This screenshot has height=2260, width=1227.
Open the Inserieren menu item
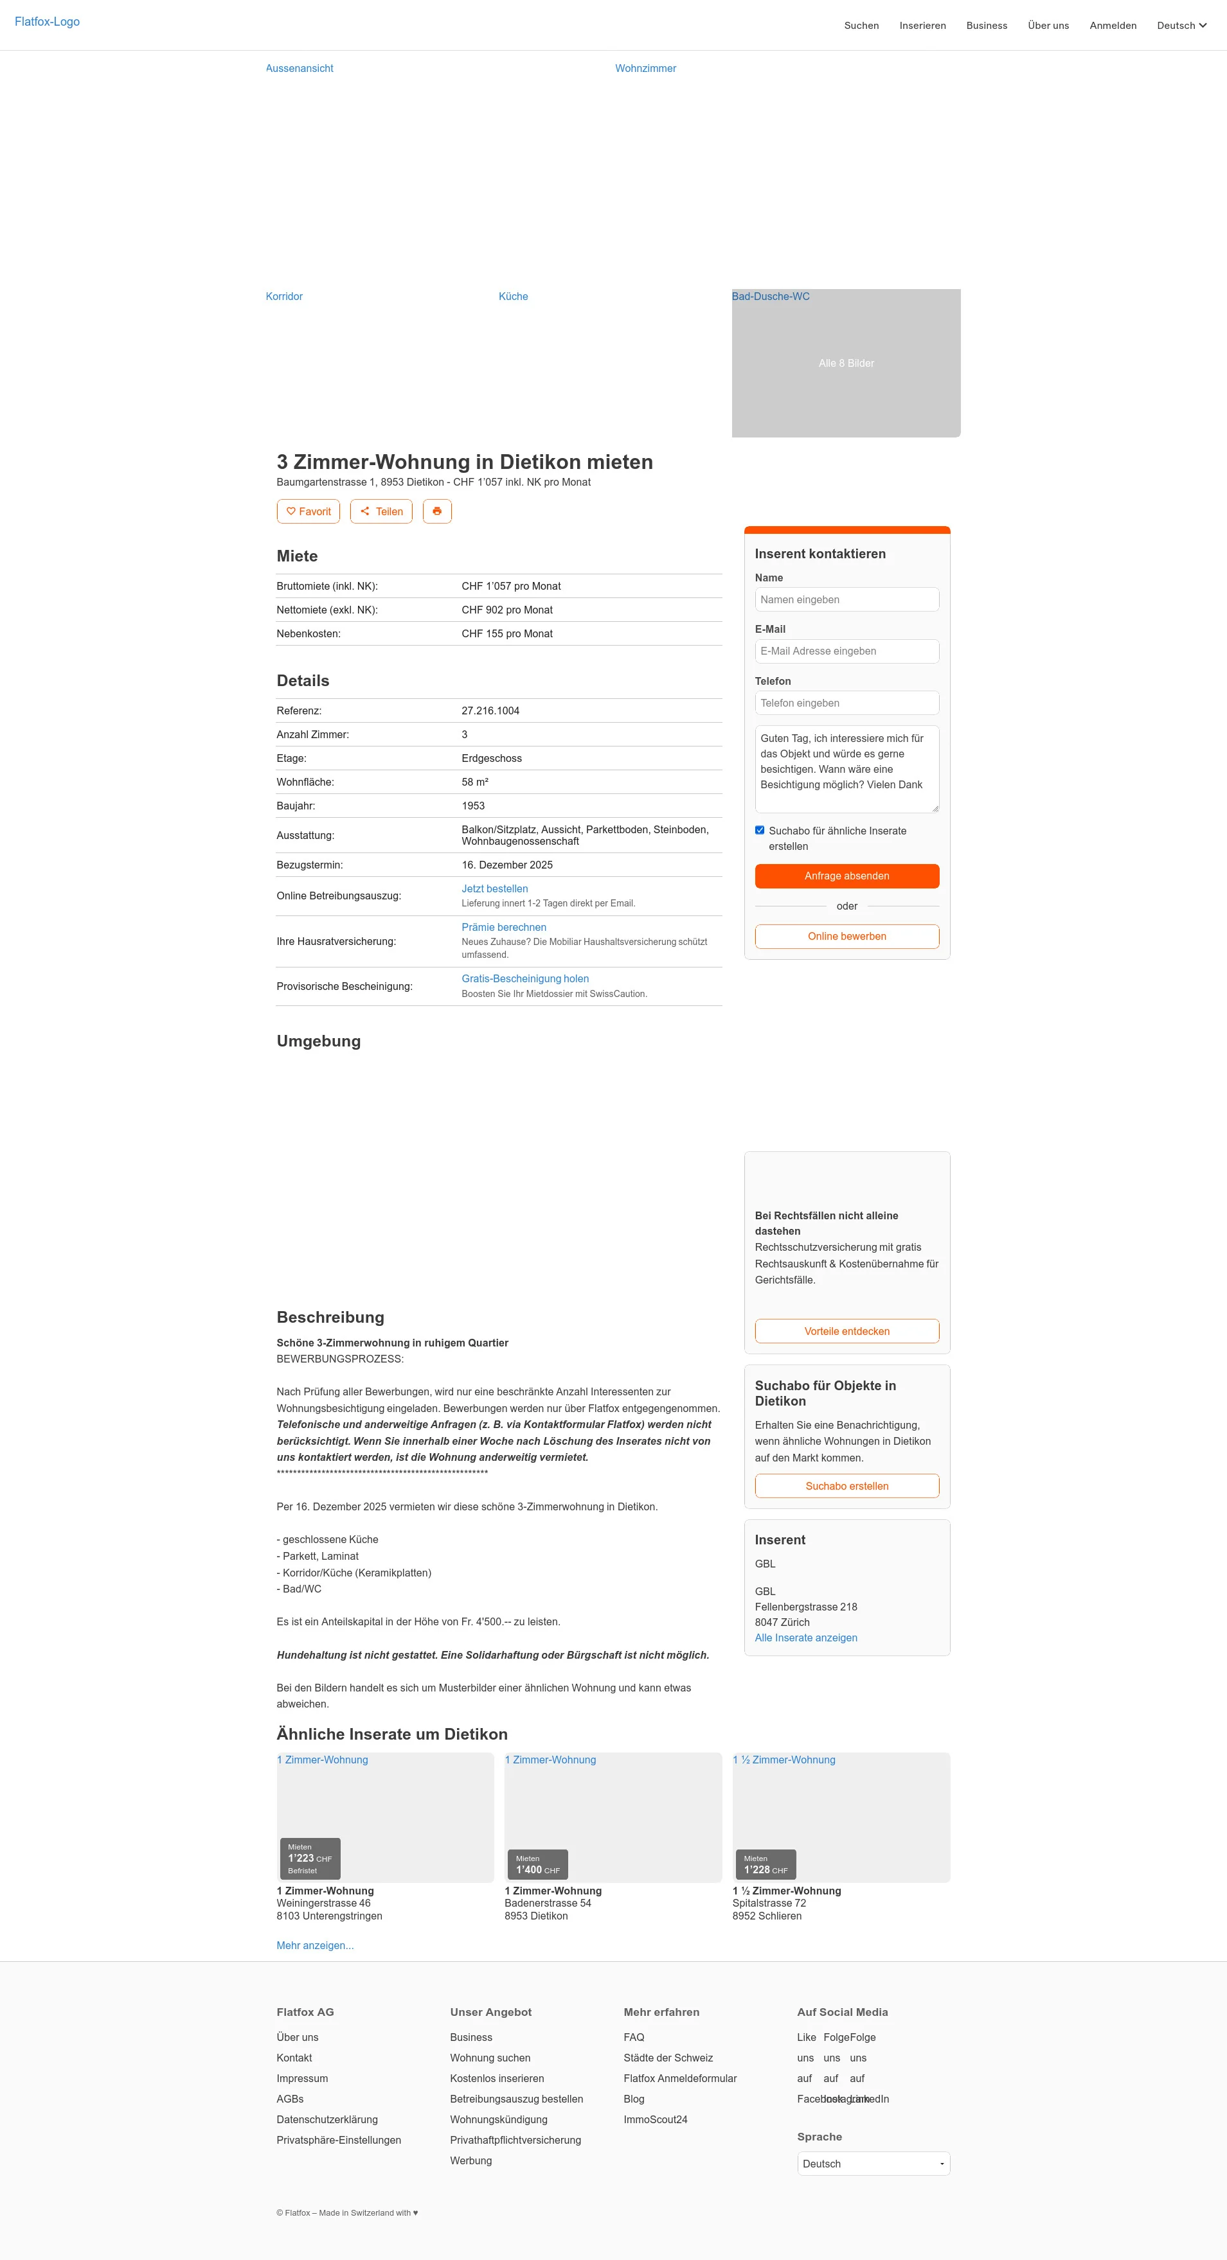pyautogui.click(x=922, y=26)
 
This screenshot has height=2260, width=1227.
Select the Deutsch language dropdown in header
pyautogui.click(x=1181, y=26)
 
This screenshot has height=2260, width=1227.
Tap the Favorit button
pyautogui.click(x=308, y=511)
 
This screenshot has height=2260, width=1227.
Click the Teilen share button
pyautogui.click(x=381, y=511)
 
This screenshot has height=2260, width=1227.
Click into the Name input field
pyautogui.click(x=846, y=600)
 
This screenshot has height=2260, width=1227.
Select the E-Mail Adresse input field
pyautogui.click(x=846, y=651)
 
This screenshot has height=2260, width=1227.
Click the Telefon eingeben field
pyautogui.click(x=846, y=703)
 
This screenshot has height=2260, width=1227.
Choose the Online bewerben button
pyautogui.click(x=846, y=936)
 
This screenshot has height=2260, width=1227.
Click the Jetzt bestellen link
pyautogui.click(x=494, y=888)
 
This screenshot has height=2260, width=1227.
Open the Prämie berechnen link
pyautogui.click(x=504, y=928)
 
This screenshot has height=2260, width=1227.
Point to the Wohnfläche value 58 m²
pyautogui.click(x=475, y=782)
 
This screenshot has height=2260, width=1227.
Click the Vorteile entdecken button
pyautogui.click(x=846, y=1331)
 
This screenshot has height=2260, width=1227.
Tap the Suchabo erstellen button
pyautogui.click(x=846, y=1486)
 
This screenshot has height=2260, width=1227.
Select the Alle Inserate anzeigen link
pyautogui.click(x=806, y=1638)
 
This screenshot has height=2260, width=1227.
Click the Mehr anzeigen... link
pyautogui.click(x=315, y=1945)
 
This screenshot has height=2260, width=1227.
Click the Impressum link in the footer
pyautogui.click(x=302, y=2078)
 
